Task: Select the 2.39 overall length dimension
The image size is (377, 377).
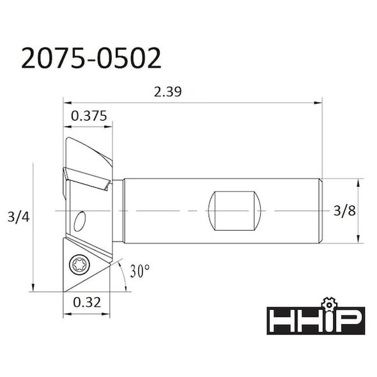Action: pyautogui.click(x=168, y=91)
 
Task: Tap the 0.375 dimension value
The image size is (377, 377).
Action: pyautogui.click(x=88, y=116)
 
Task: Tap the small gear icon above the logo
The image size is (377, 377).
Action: pyautogui.click(x=328, y=301)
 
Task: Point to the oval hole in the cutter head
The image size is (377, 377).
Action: pyautogui.click(x=79, y=222)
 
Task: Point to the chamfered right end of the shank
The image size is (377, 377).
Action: pyautogui.click(x=318, y=210)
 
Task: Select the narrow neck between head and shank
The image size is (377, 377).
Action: pyautogui.click(x=118, y=210)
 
